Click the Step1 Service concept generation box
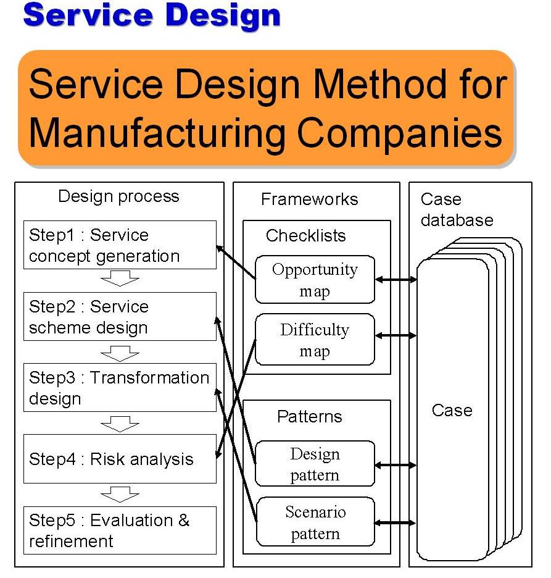[120, 245]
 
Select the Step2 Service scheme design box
[120, 316]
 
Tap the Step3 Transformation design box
[120, 387]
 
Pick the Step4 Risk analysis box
[120, 459]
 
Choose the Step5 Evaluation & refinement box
[120, 530]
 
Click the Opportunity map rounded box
[315, 279]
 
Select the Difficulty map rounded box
[315, 340]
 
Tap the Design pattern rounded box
[315, 463]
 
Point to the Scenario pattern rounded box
[315, 522]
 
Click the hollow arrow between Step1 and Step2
[120, 279]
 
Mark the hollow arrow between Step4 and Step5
[120, 495]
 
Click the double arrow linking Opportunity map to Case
[396, 280]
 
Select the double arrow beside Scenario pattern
[395, 522]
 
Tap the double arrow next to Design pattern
[396, 465]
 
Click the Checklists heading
[305, 235]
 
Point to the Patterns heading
[310, 417]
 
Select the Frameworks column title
[309, 199]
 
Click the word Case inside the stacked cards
[452, 410]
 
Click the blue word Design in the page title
[223, 16]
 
